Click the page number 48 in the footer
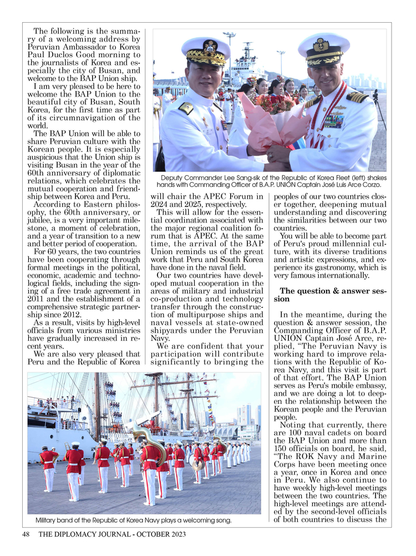tap(26, 534)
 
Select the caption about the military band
tap(133, 520)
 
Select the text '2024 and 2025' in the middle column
tap(184, 204)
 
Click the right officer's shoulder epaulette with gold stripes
tap(357, 97)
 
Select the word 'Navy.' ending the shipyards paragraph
tap(161, 338)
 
